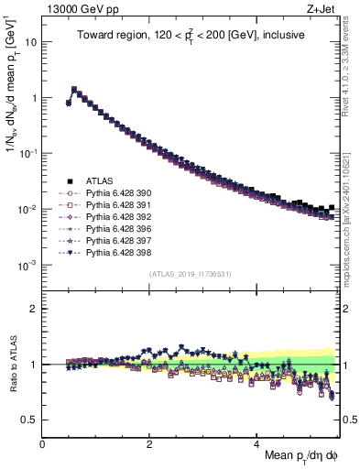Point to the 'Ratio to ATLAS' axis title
pos(13,364)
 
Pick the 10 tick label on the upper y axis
pos(31,42)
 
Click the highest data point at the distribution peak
pos(74,90)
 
